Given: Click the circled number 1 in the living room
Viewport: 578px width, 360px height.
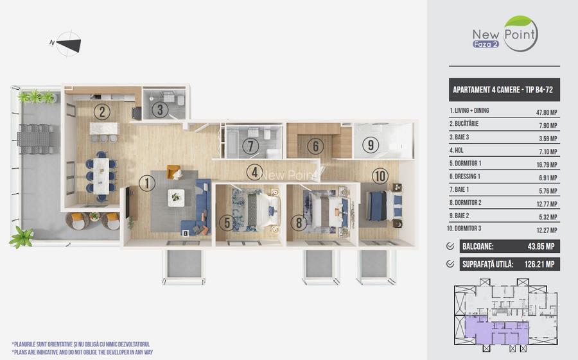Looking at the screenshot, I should pyautogui.click(x=147, y=183).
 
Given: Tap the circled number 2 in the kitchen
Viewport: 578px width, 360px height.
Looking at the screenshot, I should pyautogui.click(x=101, y=112).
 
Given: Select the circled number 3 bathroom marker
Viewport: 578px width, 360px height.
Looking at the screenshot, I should pyautogui.click(x=161, y=109).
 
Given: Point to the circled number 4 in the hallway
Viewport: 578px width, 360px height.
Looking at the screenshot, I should pyautogui.click(x=255, y=172).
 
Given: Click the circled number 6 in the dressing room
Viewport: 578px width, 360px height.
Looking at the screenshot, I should pyautogui.click(x=314, y=146).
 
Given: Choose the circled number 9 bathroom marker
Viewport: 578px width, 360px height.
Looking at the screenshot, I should pyautogui.click(x=370, y=145).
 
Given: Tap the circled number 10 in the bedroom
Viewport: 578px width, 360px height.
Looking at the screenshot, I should pyautogui.click(x=380, y=175).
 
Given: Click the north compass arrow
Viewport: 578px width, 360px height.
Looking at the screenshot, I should pyautogui.click(x=69, y=44).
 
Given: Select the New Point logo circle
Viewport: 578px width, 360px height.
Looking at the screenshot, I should pyautogui.click(x=521, y=33).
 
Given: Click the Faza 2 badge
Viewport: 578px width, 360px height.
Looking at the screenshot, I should pyautogui.click(x=486, y=44).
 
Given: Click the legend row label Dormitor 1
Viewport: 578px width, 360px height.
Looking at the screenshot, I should pyautogui.click(x=466, y=162).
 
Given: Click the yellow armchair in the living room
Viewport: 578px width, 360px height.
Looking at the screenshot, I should pyautogui.click(x=173, y=172).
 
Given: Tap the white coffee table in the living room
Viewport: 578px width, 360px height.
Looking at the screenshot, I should pyautogui.click(x=176, y=198).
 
